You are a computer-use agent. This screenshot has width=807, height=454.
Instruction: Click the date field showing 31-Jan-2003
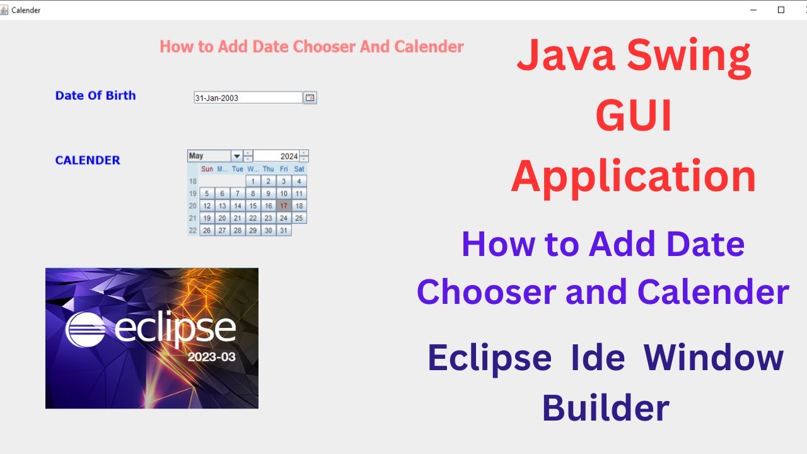pyautogui.click(x=248, y=98)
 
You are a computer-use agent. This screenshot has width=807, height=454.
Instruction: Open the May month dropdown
pyautogui.click(x=237, y=156)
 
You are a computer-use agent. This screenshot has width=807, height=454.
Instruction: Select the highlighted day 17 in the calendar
pyautogui.click(x=284, y=206)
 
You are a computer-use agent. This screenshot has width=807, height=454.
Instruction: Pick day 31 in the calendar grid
pyautogui.click(x=284, y=230)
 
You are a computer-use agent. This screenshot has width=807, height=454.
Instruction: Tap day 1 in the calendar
pyautogui.click(x=253, y=181)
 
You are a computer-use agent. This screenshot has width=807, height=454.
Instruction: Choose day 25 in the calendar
pyautogui.click(x=299, y=218)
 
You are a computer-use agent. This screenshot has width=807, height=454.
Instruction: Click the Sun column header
pyautogui.click(x=207, y=169)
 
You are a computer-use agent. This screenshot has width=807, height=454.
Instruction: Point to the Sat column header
pyautogui.click(x=299, y=169)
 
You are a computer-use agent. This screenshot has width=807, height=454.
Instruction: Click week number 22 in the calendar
pyautogui.click(x=193, y=230)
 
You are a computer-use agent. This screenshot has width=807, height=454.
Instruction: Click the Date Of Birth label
pyautogui.click(x=95, y=95)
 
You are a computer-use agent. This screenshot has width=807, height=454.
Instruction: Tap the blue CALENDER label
pyautogui.click(x=87, y=160)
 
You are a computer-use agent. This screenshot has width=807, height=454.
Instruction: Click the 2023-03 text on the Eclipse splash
pyautogui.click(x=211, y=357)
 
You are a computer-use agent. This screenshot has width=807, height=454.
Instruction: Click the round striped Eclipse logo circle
pyautogui.click(x=86, y=328)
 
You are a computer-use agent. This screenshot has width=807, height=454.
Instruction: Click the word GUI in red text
pyautogui.click(x=634, y=117)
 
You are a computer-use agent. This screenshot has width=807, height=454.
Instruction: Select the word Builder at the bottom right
pyautogui.click(x=605, y=408)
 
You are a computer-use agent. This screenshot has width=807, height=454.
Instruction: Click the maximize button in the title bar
pyautogui.click(x=781, y=9)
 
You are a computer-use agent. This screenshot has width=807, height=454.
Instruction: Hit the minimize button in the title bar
pyautogui.click(x=753, y=9)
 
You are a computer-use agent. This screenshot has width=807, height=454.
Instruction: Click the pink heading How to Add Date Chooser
pyautogui.click(x=311, y=47)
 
